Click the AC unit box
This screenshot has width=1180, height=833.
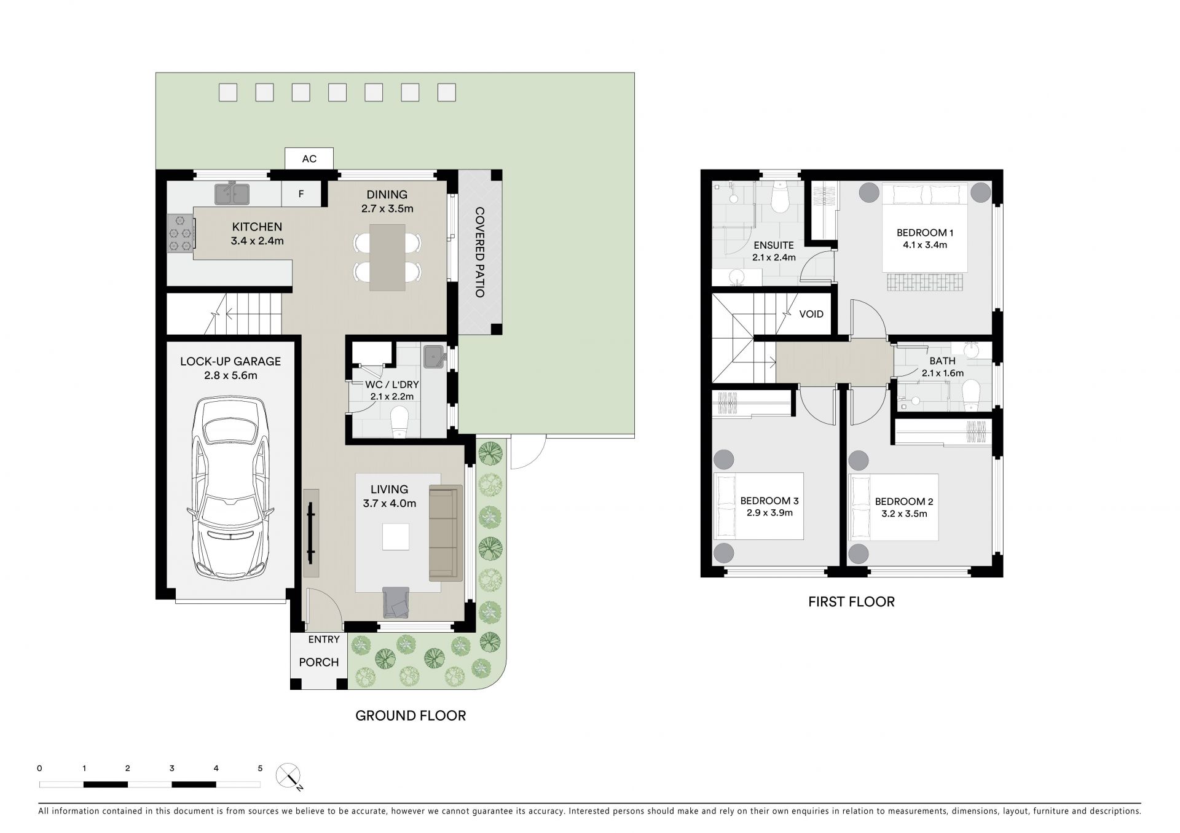(309, 158)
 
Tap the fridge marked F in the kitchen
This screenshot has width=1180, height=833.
(301, 194)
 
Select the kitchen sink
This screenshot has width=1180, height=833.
(232, 194)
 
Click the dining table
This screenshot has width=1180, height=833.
(387, 257)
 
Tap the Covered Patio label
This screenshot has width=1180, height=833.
(480, 252)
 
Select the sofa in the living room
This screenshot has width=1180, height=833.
(446, 533)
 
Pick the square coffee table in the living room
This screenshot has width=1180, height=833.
(395, 536)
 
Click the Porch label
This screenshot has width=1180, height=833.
(318, 662)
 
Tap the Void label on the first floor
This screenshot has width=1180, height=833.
(811, 314)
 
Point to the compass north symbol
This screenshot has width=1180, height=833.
(288, 775)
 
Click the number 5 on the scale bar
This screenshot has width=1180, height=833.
(260, 768)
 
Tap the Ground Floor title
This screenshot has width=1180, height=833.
(411, 715)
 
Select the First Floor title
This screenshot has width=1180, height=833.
(851, 601)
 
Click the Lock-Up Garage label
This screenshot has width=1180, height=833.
(230, 361)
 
